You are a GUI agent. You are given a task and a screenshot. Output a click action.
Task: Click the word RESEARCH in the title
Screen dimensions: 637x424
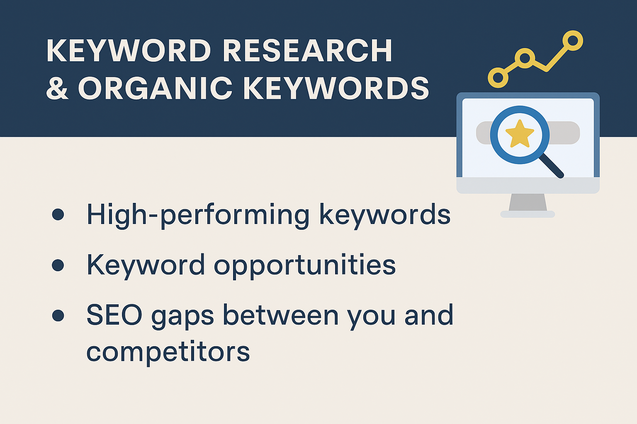[x=307, y=50]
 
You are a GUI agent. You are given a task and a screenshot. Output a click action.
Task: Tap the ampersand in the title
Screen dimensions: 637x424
[x=57, y=88]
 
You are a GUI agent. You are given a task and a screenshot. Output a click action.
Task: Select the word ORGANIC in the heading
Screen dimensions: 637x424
[x=155, y=88]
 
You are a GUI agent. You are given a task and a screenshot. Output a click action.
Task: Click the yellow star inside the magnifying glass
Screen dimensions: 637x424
[x=520, y=134]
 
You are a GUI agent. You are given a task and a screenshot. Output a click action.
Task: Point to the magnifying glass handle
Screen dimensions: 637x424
[x=552, y=166]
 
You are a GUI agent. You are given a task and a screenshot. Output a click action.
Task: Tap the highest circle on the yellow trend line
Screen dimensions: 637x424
[x=573, y=41]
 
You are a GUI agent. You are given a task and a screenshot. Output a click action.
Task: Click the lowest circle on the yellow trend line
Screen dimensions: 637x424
[x=498, y=77]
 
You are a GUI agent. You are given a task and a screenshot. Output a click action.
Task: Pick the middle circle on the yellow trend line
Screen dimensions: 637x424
[x=525, y=58]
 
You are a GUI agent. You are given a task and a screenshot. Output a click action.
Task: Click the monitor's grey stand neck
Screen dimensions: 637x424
[x=528, y=202]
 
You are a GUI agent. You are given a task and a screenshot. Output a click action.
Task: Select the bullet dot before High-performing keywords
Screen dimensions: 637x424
[x=58, y=214]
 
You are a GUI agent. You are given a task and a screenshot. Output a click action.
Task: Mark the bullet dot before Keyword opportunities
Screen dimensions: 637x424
[x=58, y=265]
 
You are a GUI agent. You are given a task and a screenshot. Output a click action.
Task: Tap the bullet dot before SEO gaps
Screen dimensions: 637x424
[x=58, y=315]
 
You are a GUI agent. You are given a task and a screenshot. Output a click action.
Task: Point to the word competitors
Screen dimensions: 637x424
[x=168, y=352]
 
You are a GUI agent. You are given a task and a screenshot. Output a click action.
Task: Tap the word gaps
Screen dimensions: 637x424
[x=182, y=317]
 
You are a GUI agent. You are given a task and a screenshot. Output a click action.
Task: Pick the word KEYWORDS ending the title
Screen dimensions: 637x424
[x=336, y=88]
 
